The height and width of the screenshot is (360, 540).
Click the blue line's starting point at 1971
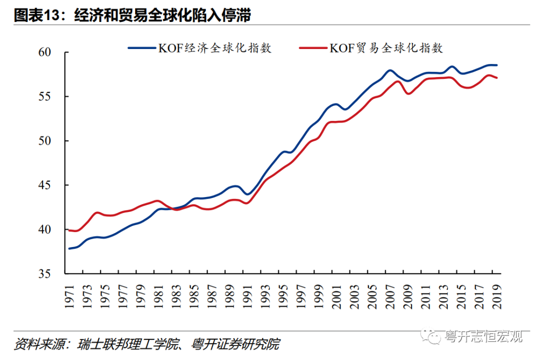tap(69, 248)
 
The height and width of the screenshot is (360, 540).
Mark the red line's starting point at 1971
tap(69, 230)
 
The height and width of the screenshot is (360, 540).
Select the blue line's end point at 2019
tap(496, 65)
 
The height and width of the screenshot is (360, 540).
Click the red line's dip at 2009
tap(407, 93)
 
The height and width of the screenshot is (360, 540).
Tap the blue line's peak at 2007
tap(389, 70)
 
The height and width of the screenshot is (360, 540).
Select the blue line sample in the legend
tap(141, 48)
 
